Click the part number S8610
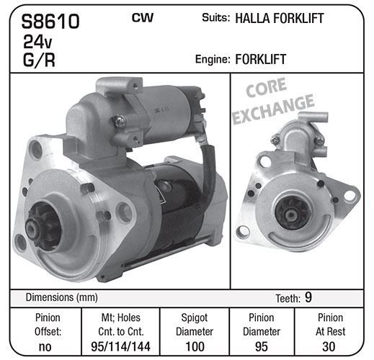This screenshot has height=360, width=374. [50, 22]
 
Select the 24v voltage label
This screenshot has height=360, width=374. [37, 42]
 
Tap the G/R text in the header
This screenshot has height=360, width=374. [39, 60]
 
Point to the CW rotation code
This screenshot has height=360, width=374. [143, 18]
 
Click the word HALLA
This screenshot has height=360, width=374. [253, 18]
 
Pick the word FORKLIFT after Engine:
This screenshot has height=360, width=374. [261, 59]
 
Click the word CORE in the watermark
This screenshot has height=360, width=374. [266, 87]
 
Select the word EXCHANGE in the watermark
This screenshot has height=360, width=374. [273, 109]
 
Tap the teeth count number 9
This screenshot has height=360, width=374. [308, 297]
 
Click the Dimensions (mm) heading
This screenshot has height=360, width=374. [62, 297]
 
